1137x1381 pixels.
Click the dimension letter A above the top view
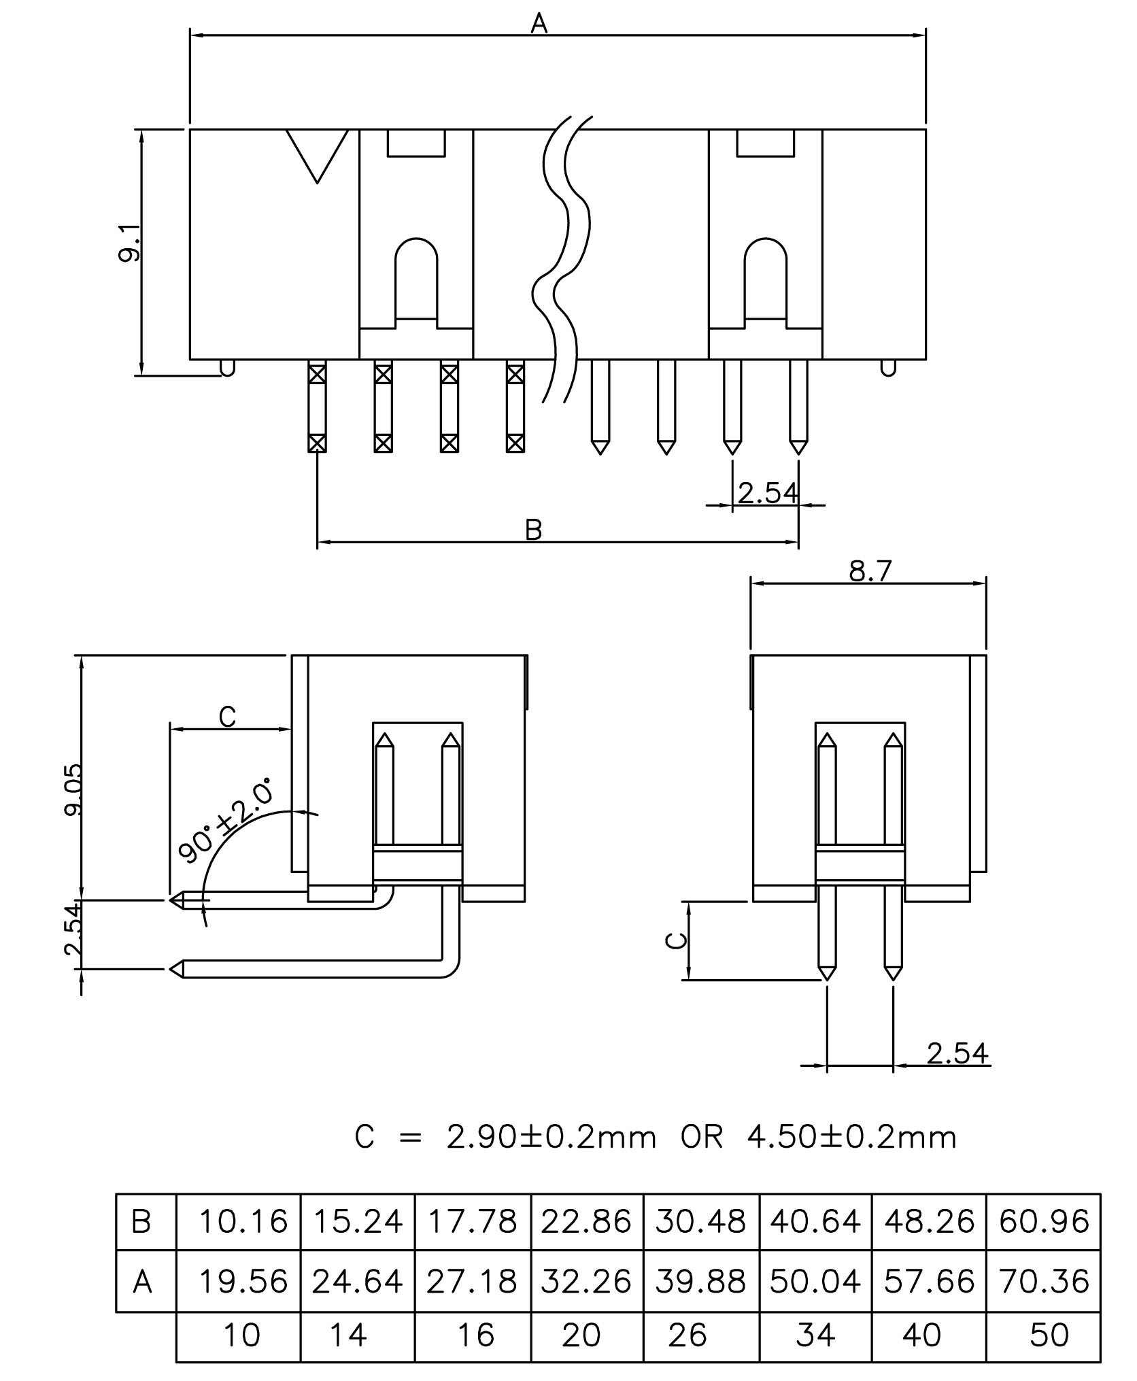click(x=539, y=24)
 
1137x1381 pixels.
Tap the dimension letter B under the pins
click(x=534, y=530)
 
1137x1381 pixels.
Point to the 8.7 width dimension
click(x=869, y=572)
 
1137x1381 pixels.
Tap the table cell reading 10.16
click(x=243, y=1222)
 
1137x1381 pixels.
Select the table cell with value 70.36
click(x=1043, y=1282)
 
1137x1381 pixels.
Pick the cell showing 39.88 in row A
click(x=701, y=1282)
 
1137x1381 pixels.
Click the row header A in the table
click(x=142, y=1282)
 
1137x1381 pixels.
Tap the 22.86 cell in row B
click(x=586, y=1222)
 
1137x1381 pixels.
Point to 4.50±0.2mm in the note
click(x=851, y=1137)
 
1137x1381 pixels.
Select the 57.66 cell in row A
click(x=929, y=1282)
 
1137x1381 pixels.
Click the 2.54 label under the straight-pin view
click(x=957, y=1053)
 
